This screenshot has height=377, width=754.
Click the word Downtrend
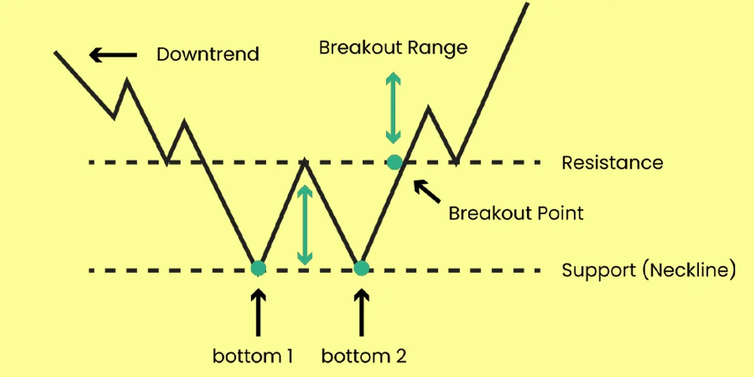coord(207,54)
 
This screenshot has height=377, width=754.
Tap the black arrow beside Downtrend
coord(113,54)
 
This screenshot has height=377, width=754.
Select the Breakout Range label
coord(393,48)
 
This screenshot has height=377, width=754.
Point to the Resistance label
coord(612,163)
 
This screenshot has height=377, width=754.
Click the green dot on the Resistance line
coord(394,161)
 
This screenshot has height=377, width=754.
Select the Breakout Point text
coord(516,213)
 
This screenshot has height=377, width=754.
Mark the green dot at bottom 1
coord(258,268)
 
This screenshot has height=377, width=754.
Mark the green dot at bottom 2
coord(361,268)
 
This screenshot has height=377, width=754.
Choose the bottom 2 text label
coord(367,355)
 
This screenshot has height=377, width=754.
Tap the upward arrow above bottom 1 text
coord(258,313)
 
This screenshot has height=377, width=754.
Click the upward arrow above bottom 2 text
coord(362,313)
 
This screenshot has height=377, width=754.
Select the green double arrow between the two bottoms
coord(304,225)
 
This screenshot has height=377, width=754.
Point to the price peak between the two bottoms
coord(304,161)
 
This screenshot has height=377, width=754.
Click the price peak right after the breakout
coord(428,109)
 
